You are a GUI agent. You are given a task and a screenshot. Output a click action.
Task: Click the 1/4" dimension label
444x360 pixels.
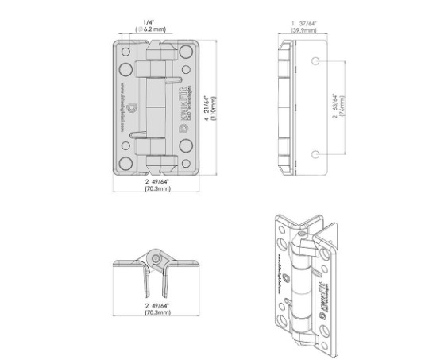(148, 21)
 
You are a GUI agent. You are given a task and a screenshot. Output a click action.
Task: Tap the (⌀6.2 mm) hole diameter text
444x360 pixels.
(149, 29)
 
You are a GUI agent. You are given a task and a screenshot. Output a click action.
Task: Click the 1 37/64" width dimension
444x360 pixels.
(303, 21)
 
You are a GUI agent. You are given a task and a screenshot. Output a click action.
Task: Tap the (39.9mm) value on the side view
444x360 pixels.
(303, 29)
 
